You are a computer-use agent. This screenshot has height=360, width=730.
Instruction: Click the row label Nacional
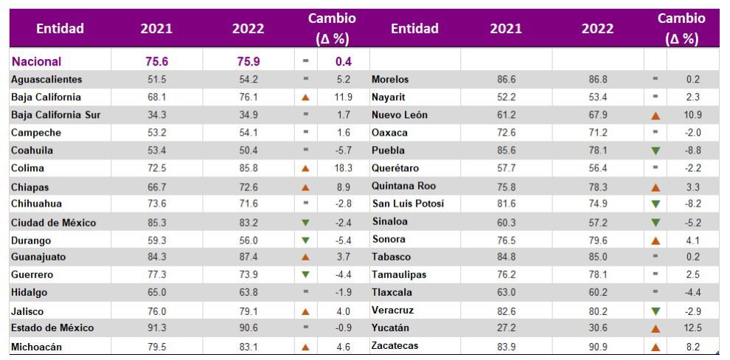point(36,61)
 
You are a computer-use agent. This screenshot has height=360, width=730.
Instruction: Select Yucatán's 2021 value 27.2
point(505,328)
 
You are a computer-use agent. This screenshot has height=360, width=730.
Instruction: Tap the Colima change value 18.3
point(343,168)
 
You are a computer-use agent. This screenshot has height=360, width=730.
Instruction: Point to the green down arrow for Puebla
point(656,150)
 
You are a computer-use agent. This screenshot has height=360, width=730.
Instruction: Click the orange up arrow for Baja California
point(306,97)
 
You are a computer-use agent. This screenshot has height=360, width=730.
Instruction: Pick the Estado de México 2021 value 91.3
point(157,328)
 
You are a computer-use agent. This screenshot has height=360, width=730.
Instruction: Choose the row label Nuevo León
point(400,115)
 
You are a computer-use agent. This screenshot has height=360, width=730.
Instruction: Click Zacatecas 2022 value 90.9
point(594,346)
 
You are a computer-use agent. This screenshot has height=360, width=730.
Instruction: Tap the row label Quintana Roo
point(404,186)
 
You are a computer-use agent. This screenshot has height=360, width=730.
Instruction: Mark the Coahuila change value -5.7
point(343,150)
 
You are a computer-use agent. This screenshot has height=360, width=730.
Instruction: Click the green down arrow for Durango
point(306,240)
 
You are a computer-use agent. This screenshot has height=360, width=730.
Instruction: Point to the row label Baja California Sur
point(56,115)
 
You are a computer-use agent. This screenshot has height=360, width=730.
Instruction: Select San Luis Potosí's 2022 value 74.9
point(594,204)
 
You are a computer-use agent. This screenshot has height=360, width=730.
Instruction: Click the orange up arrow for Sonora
point(656,240)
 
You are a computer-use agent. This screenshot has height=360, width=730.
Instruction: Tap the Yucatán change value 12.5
point(692,328)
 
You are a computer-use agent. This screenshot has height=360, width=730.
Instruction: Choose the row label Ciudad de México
point(54,222)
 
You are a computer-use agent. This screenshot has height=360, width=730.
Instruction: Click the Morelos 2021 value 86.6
point(505,79)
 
